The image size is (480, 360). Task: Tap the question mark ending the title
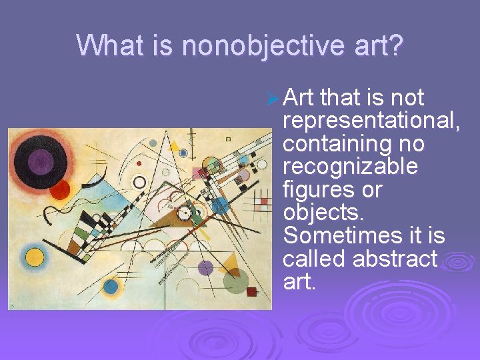pos(396,46)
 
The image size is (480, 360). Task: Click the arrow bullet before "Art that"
pos(271,99)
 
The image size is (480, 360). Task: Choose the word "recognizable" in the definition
pos(350,167)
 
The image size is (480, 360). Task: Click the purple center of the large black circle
pos(41,162)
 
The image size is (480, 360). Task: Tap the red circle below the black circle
pos(60,191)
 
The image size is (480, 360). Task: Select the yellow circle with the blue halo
pos(34,257)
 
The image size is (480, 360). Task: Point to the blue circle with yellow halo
pos(110,287)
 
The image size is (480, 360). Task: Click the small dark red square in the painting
pos(251,291)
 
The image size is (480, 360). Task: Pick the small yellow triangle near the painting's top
pos(175,145)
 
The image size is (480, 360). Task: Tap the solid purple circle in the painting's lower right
pos(206,268)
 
